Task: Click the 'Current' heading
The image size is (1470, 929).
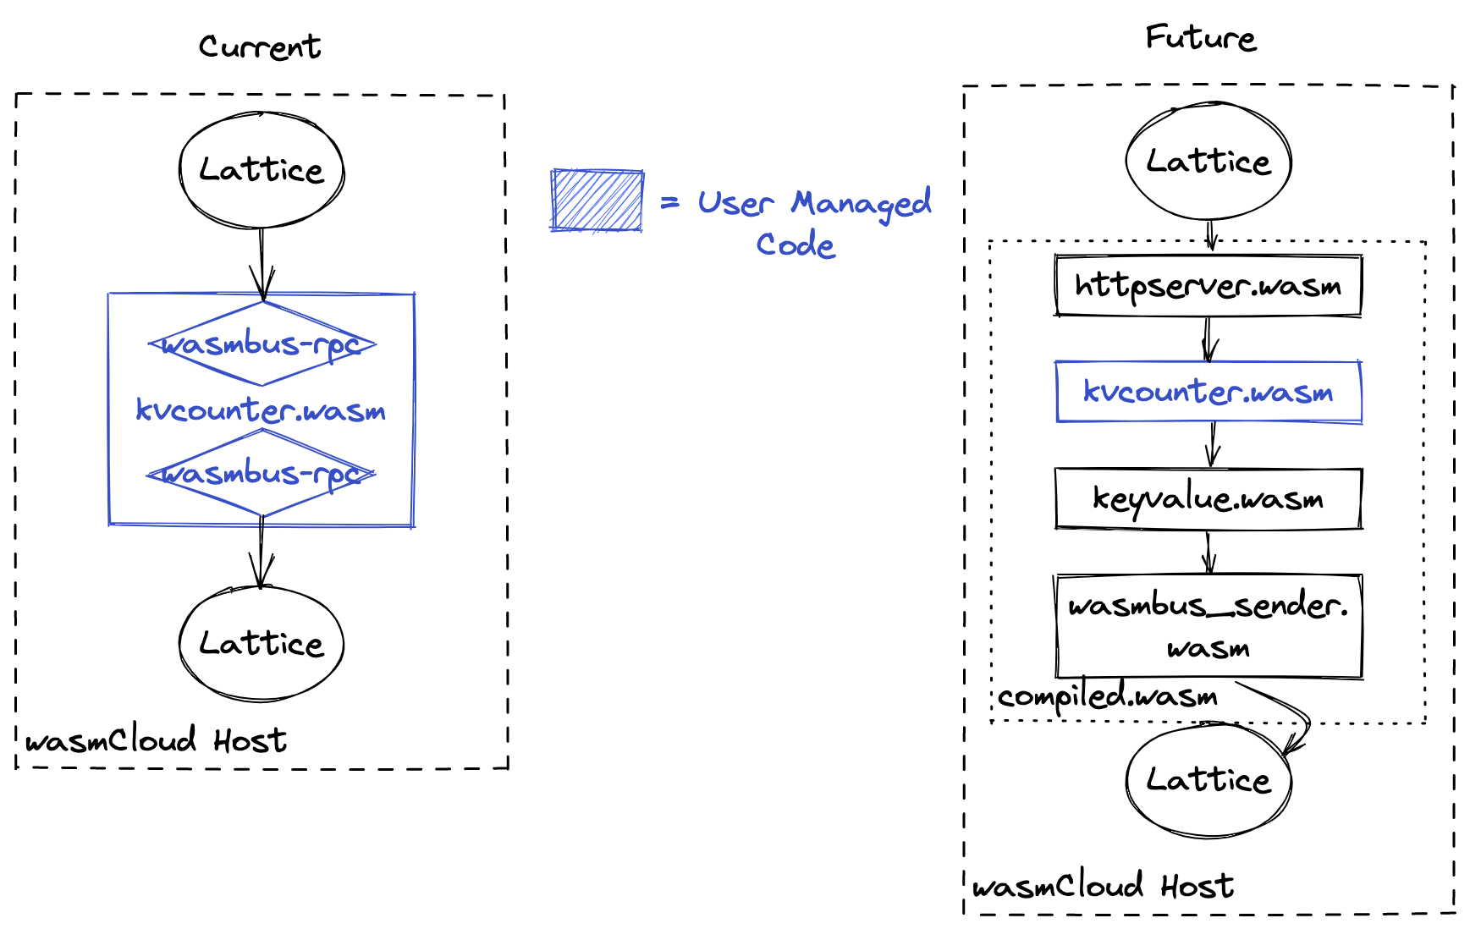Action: click(260, 47)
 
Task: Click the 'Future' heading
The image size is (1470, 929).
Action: click(1200, 38)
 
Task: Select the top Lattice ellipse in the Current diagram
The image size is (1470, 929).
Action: click(262, 170)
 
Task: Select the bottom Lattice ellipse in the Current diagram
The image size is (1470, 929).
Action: click(262, 644)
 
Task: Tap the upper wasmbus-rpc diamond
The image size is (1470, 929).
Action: click(262, 344)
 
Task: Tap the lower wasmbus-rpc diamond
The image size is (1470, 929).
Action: click(262, 474)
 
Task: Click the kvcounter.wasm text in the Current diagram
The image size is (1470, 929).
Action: click(261, 410)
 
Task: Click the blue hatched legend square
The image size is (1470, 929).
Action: click(597, 201)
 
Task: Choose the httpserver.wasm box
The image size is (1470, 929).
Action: click(1208, 286)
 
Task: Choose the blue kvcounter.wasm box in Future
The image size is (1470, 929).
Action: click(1208, 392)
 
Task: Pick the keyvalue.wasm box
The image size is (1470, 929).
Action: click(1208, 498)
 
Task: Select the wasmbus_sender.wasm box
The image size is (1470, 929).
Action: click(1208, 626)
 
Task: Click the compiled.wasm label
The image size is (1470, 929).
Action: click(1107, 696)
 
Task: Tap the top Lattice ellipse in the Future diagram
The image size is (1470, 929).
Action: click(1208, 162)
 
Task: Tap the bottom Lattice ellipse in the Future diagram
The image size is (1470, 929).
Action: click(1208, 779)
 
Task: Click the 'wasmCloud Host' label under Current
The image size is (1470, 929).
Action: click(156, 741)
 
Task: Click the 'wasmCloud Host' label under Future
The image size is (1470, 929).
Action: click(1103, 886)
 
